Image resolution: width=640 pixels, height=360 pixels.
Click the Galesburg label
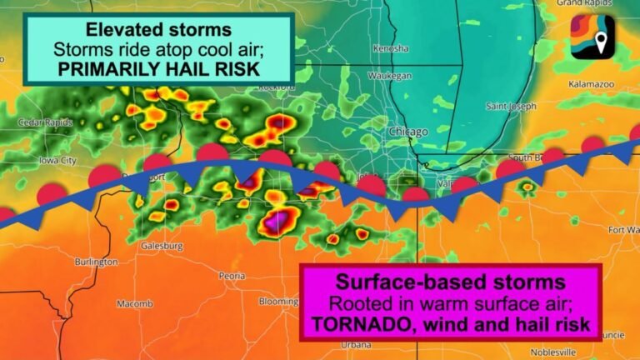(x=162, y=246)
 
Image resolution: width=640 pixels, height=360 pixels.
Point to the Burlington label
(x=96, y=262)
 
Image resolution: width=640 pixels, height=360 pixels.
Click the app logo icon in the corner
(x=593, y=36)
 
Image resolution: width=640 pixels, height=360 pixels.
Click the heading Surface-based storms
(x=450, y=281)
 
